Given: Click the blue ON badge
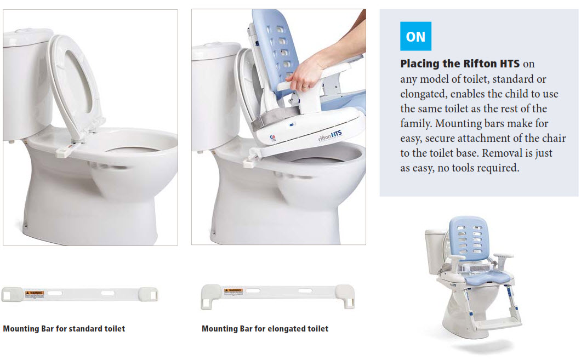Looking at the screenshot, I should [415, 36].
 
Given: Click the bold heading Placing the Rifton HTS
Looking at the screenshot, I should [459, 64].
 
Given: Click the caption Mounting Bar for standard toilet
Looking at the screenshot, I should [64, 329].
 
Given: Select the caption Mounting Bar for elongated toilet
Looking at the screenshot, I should [265, 329].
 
